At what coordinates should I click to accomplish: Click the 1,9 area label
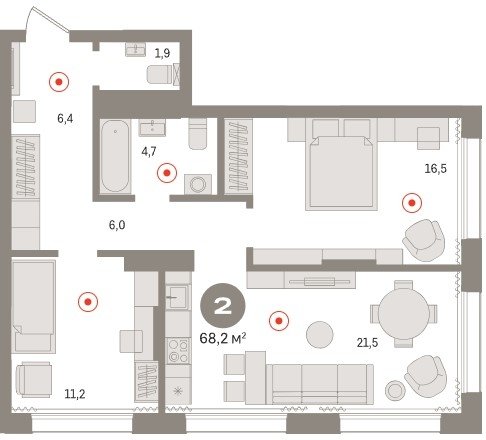(162, 53)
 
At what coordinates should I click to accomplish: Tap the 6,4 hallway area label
(65, 118)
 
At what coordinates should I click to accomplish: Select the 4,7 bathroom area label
(149, 152)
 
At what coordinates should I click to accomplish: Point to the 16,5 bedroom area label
(435, 169)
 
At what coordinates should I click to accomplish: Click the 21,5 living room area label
(367, 342)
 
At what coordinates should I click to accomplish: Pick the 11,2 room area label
(75, 394)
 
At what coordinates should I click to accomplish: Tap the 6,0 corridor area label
(117, 225)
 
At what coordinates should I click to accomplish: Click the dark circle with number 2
(223, 306)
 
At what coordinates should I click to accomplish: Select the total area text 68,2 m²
(223, 339)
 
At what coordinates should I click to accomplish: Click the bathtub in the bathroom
(115, 156)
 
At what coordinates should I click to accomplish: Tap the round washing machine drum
(198, 184)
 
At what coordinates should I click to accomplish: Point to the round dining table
(404, 314)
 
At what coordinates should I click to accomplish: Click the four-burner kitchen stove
(178, 350)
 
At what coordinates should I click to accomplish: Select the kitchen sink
(178, 297)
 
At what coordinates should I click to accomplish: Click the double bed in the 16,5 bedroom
(341, 173)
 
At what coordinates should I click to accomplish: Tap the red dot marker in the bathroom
(167, 173)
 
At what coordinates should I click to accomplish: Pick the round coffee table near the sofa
(319, 334)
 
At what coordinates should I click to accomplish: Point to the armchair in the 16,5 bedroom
(424, 240)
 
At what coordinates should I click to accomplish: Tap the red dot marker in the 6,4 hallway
(59, 82)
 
